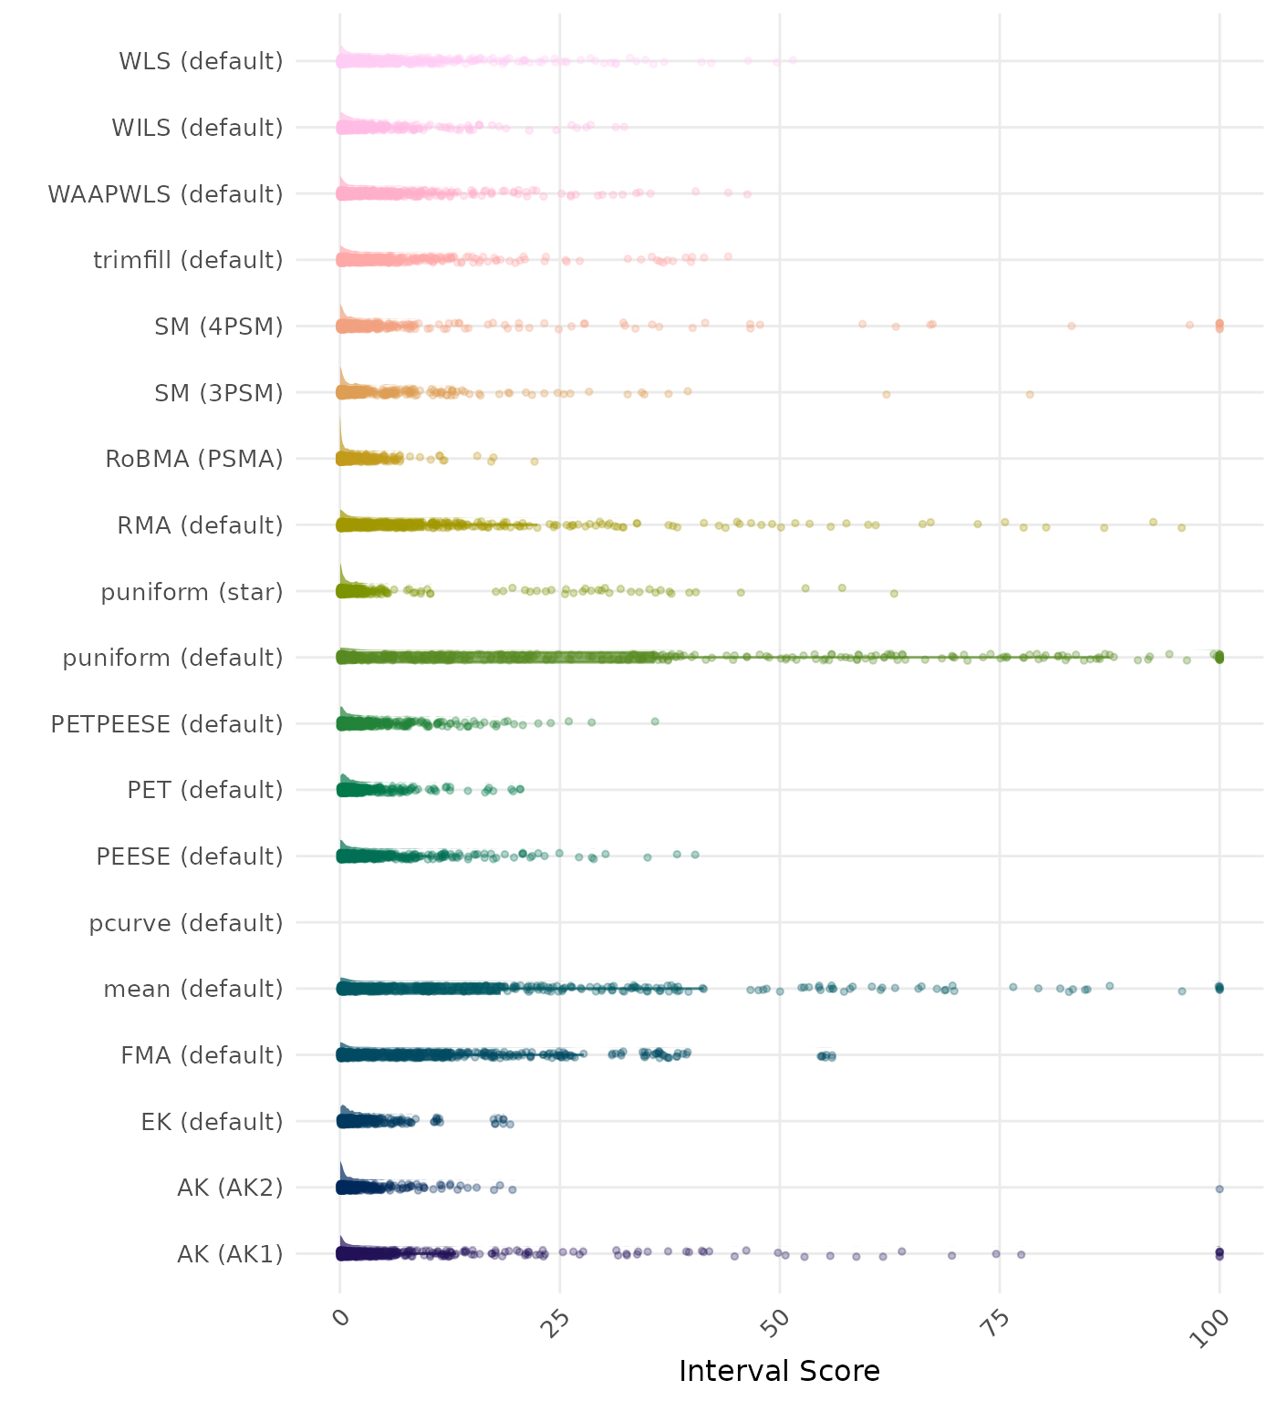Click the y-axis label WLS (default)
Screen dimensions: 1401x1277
(201, 61)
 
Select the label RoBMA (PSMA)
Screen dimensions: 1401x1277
(194, 459)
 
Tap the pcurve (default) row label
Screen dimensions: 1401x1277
(186, 923)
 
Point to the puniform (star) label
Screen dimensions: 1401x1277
(192, 592)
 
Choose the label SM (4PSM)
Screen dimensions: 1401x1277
(219, 327)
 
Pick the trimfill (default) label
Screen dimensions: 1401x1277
(188, 260)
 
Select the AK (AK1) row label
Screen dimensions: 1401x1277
(230, 1254)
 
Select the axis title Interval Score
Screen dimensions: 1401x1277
(779, 1371)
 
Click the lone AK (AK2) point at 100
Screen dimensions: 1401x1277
(1220, 1188)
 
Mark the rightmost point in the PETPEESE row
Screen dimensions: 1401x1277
(654, 721)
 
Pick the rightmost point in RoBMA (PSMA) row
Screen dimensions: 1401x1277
(535, 461)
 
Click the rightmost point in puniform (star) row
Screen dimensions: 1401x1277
(894, 593)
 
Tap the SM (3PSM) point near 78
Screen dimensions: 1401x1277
(1030, 394)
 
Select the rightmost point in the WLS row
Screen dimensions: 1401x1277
(793, 60)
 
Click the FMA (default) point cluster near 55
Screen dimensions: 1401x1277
(826, 1056)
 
